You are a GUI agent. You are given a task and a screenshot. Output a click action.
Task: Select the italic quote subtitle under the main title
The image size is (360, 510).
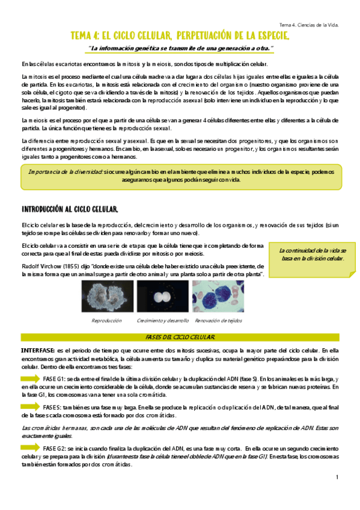click(x=180, y=48)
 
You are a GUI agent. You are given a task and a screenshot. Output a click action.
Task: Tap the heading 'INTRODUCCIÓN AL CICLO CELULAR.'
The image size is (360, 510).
click(x=70, y=209)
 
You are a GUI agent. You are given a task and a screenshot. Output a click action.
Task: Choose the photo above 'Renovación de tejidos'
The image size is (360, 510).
click(x=218, y=297)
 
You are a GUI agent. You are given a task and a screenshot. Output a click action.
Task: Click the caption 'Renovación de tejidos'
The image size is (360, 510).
click(x=218, y=321)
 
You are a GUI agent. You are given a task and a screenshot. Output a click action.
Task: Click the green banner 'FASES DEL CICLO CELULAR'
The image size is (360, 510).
click(x=180, y=337)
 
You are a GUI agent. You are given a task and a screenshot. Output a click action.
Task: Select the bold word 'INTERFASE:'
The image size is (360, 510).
click(x=38, y=349)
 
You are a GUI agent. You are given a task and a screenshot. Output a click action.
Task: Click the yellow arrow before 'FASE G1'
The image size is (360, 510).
click(x=29, y=378)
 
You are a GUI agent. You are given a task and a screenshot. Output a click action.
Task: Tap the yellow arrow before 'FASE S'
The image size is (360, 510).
click(x=29, y=407)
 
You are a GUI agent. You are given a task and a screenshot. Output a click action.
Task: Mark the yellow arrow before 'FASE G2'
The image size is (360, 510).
click(x=29, y=447)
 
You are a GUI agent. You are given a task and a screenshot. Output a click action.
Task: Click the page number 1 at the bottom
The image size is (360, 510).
click(x=337, y=478)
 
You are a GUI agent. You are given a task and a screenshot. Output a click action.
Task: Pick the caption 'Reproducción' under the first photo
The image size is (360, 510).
click(x=106, y=321)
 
